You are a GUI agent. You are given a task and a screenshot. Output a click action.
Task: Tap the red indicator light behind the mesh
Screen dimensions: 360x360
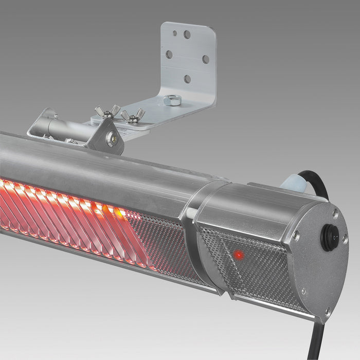(238, 255)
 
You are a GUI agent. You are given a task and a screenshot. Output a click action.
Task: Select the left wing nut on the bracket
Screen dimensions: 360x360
(107, 112)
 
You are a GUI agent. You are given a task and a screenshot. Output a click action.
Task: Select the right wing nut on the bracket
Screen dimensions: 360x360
(133, 116)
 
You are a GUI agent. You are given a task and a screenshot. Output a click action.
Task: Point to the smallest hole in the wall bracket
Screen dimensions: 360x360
(175, 33)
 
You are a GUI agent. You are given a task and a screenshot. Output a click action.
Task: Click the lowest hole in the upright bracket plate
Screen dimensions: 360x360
(187, 79)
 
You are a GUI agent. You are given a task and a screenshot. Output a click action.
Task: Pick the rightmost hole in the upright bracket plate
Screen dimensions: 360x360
(205, 59)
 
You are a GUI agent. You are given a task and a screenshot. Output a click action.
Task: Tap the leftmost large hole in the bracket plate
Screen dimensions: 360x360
(169, 53)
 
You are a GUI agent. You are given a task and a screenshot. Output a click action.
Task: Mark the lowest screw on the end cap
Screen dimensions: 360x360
(327, 311)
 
